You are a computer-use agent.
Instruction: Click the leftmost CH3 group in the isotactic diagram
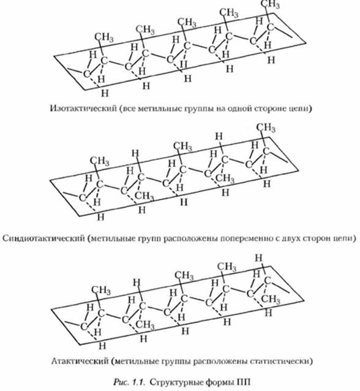click(x=104, y=37)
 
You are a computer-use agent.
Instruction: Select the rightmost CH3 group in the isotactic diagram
click(x=270, y=4)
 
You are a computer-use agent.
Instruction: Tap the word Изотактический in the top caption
click(x=84, y=108)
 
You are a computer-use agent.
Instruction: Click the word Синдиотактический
click(x=44, y=238)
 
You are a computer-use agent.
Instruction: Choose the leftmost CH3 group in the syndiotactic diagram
click(x=100, y=162)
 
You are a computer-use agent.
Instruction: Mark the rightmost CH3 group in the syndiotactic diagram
click(x=266, y=127)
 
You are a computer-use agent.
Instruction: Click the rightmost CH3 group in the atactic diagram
click(x=271, y=299)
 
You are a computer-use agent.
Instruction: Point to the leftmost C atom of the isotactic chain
click(x=86, y=74)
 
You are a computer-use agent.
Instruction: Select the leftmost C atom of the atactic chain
click(x=84, y=326)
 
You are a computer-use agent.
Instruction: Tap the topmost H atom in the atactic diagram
click(x=259, y=258)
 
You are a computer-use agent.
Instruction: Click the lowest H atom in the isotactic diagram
click(x=105, y=93)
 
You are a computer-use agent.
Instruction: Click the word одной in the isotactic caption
click(x=235, y=108)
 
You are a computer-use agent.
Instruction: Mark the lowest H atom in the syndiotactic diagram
click(x=100, y=217)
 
